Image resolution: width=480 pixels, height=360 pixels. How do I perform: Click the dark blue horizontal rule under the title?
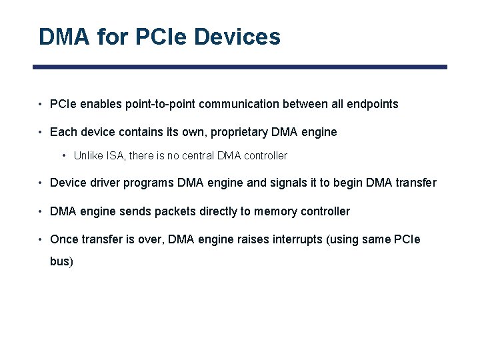coord(240,67)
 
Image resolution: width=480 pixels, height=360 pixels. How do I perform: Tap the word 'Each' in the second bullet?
coord(62,132)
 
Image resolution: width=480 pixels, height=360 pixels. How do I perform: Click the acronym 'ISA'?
coord(114,155)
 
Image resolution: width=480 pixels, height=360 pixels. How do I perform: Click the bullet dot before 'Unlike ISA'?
coord(64,155)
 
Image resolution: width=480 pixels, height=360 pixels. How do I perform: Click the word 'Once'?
coord(63,239)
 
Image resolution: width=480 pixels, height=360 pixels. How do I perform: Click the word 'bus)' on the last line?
coord(61,261)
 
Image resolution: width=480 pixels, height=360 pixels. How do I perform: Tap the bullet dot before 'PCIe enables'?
coord(41,104)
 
